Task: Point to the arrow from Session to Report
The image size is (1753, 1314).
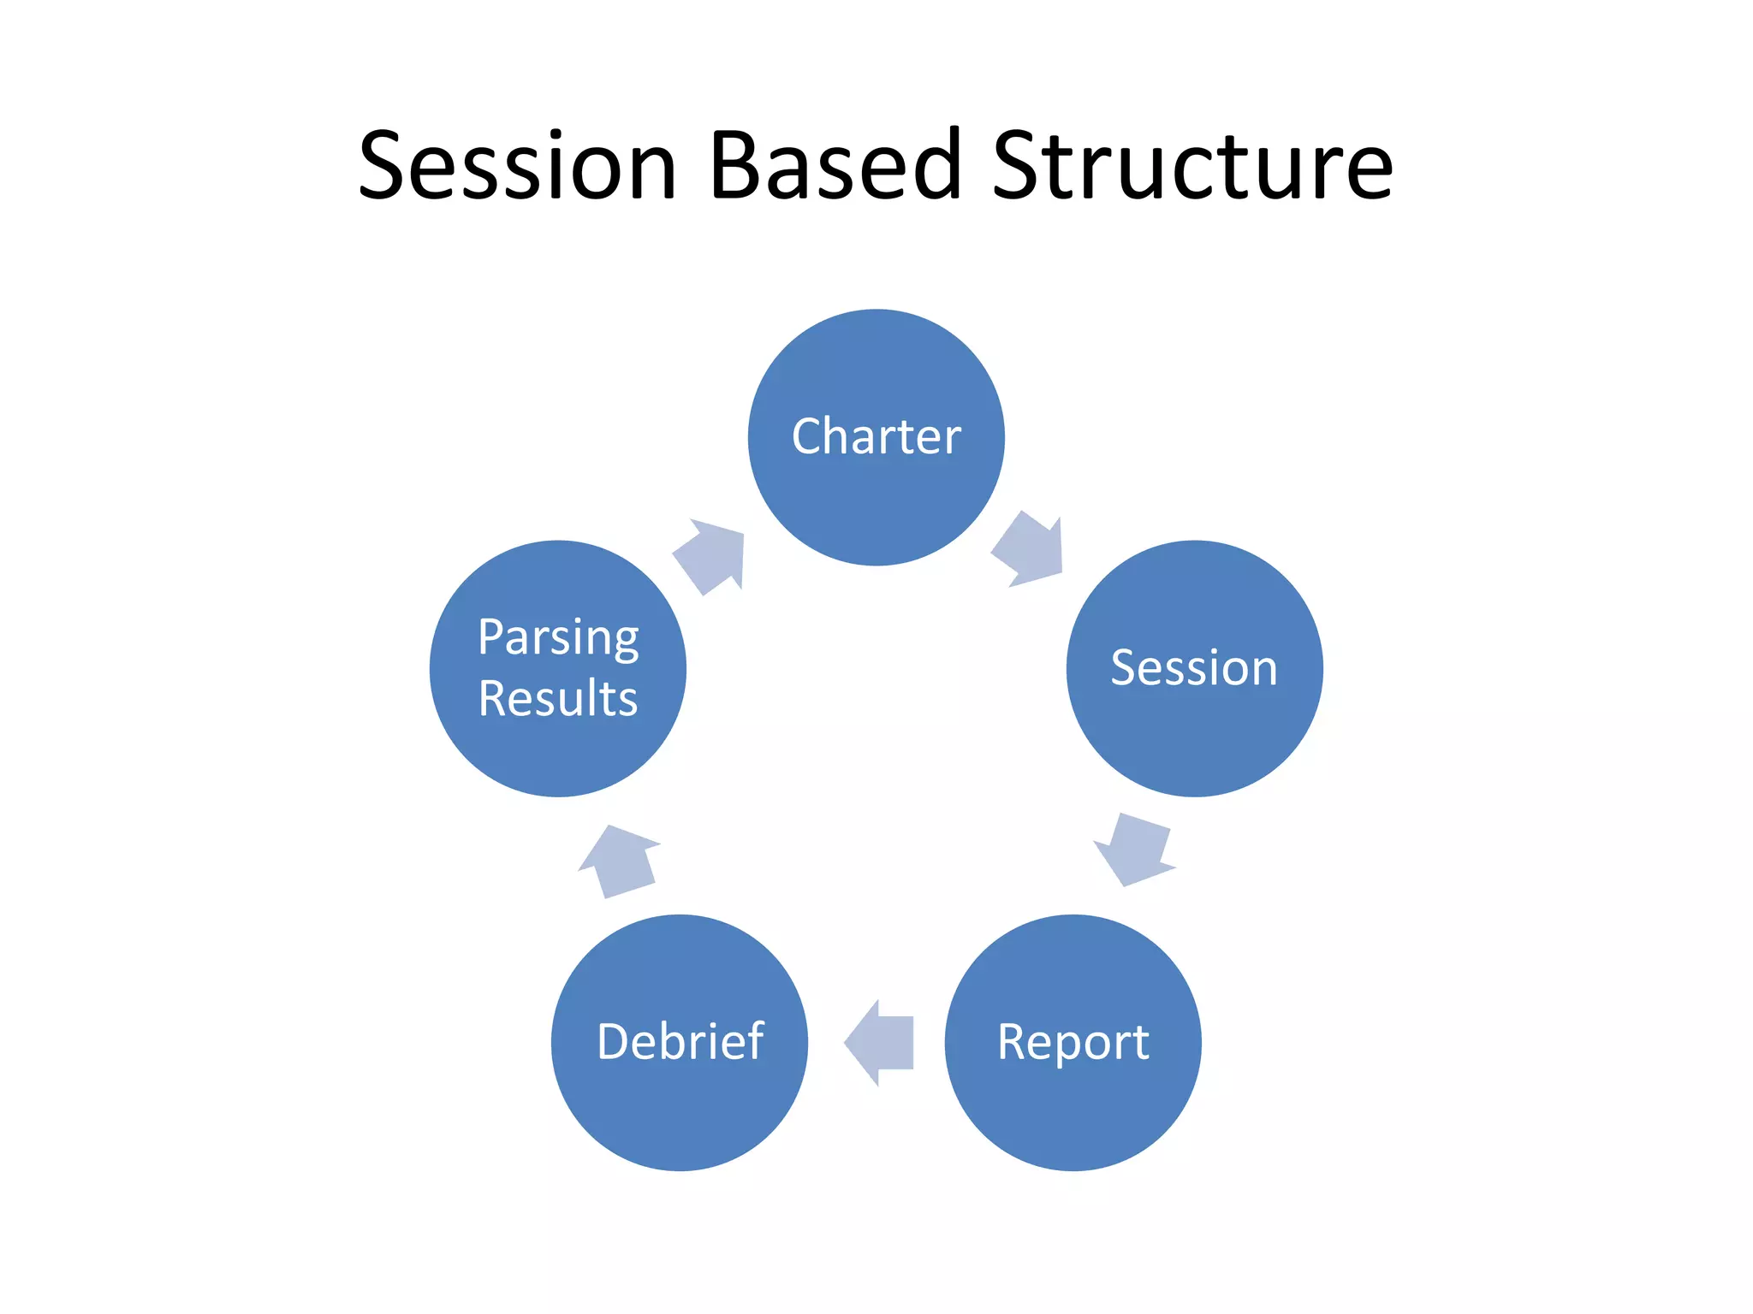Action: point(1135,849)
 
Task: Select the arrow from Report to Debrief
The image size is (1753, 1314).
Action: point(879,1042)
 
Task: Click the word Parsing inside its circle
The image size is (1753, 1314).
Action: point(558,638)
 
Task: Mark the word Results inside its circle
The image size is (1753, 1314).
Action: point(558,698)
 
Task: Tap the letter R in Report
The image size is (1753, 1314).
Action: point(1014,1042)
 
